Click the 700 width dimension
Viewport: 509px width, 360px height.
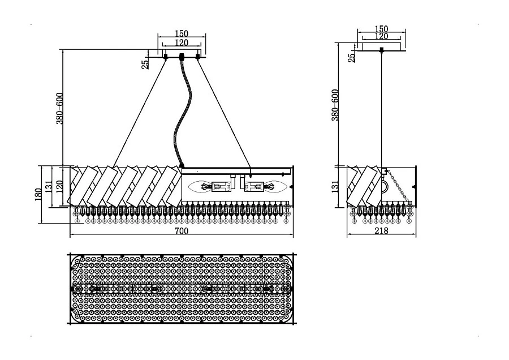click(x=181, y=232)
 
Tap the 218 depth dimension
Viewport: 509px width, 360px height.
click(x=382, y=232)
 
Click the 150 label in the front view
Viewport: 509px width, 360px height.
click(x=182, y=34)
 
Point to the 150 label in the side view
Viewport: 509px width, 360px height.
click(x=382, y=29)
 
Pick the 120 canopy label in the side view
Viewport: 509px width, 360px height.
click(x=382, y=36)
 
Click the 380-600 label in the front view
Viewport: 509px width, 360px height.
click(x=59, y=108)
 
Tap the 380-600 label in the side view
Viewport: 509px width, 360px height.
click(x=335, y=105)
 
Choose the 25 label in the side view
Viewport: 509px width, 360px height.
click(x=352, y=56)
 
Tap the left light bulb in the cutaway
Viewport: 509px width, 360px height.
click(x=200, y=185)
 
